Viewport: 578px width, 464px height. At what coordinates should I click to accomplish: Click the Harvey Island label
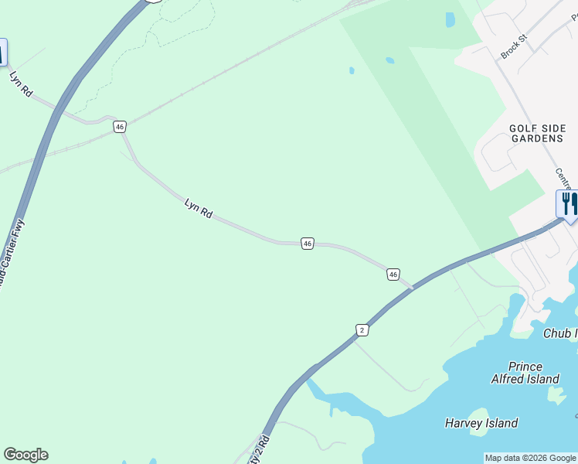pos(481,423)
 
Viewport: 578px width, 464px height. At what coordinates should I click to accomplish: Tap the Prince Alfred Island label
pos(525,373)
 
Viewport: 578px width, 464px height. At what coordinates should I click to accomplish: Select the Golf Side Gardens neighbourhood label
pos(538,133)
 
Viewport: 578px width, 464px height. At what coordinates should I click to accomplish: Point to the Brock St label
pos(513,46)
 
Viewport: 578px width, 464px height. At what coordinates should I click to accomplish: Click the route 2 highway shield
pos(362,330)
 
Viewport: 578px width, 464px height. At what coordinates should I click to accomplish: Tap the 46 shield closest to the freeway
pos(119,127)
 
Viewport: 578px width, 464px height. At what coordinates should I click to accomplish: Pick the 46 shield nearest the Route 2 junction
pos(393,275)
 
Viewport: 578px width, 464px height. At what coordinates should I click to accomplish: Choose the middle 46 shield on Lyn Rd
pos(308,244)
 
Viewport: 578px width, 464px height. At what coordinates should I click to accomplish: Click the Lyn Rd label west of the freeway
pos(21,84)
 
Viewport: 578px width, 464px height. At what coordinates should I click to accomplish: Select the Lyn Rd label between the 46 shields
pos(199,207)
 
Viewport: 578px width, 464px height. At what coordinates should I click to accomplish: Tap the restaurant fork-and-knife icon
pos(568,204)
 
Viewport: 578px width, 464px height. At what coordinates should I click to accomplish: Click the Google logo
pos(25,455)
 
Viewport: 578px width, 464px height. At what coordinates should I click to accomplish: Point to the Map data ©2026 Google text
pos(530,458)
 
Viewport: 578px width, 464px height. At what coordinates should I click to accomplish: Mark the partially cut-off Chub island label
pos(560,333)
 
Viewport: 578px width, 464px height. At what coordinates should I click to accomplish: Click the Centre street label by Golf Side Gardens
pos(563,179)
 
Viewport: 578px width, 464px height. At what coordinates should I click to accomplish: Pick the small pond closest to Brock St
pos(450,19)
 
